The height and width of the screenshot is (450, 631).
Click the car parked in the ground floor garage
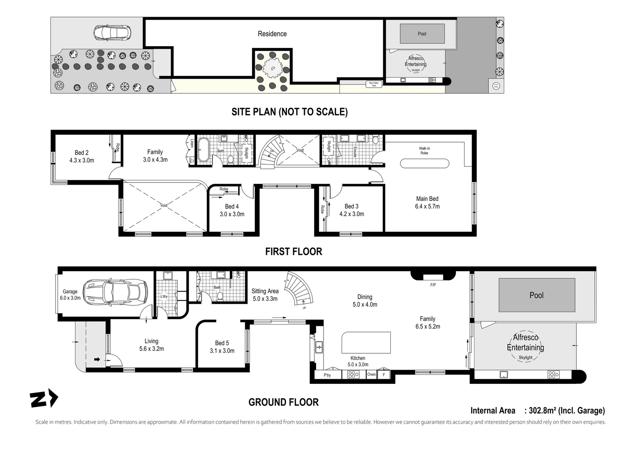115,291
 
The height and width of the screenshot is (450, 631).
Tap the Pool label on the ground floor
536,295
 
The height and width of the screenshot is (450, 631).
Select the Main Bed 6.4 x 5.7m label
427,202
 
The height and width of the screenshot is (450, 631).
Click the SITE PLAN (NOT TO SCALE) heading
289,112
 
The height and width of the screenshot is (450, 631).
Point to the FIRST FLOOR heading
294,251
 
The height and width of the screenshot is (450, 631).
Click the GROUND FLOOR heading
284,402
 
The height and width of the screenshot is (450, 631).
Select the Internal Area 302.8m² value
566,410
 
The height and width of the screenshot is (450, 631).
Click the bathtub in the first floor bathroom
204,150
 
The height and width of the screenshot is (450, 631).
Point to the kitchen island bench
366,342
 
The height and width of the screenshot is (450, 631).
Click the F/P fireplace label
433,285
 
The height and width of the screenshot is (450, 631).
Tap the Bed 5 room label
222,347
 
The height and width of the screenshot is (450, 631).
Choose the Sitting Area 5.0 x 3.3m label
265,295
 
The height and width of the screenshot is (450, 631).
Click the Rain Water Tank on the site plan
374,84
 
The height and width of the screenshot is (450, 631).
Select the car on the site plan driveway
112,32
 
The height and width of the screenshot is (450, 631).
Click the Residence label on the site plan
272,34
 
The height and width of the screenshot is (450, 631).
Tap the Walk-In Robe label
424,150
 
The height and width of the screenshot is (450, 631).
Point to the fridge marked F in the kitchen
384,375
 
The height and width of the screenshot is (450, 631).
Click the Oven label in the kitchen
371,375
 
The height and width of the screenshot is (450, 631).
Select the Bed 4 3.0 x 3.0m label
232,210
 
